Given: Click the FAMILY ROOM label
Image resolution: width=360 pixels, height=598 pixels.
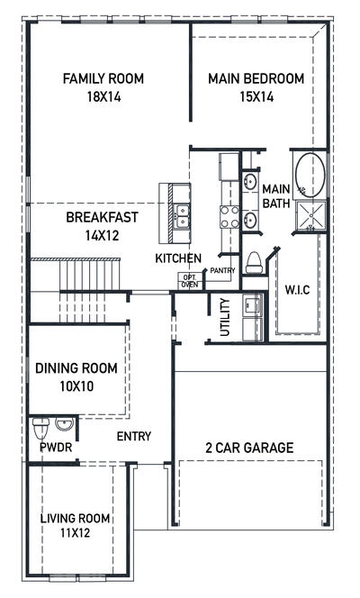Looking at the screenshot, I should [101, 78].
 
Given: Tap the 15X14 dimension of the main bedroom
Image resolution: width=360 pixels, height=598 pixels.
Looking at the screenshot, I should [256, 96].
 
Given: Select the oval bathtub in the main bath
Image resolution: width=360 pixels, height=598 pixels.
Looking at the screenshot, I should [310, 175].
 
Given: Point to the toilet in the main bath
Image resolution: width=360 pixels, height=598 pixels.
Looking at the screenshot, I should [255, 260].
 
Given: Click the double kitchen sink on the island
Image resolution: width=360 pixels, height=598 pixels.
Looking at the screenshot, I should [183, 214].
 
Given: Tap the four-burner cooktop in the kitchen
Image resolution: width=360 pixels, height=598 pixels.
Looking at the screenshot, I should [229, 216].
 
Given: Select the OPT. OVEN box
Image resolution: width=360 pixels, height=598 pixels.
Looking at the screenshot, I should [190, 281].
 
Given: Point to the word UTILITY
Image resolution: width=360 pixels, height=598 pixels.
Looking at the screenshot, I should [224, 317].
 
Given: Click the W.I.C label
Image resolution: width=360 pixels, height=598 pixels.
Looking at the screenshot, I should [299, 290].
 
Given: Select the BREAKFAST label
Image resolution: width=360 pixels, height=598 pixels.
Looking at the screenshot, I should [102, 217].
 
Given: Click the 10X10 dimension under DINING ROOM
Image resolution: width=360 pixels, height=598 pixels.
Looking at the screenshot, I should [76, 385].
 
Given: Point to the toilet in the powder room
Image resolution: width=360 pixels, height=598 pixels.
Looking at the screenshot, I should [39, 424].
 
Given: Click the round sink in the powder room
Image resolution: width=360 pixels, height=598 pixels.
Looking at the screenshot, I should [63, 423].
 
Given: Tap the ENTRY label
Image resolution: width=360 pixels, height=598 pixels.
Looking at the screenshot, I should [133, 437].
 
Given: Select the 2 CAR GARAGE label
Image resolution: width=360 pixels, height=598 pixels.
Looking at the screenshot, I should [249, 448].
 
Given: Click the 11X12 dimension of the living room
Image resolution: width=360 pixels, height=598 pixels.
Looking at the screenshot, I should [76, 533].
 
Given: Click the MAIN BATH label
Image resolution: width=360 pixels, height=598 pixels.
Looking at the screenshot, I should [275, 195].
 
